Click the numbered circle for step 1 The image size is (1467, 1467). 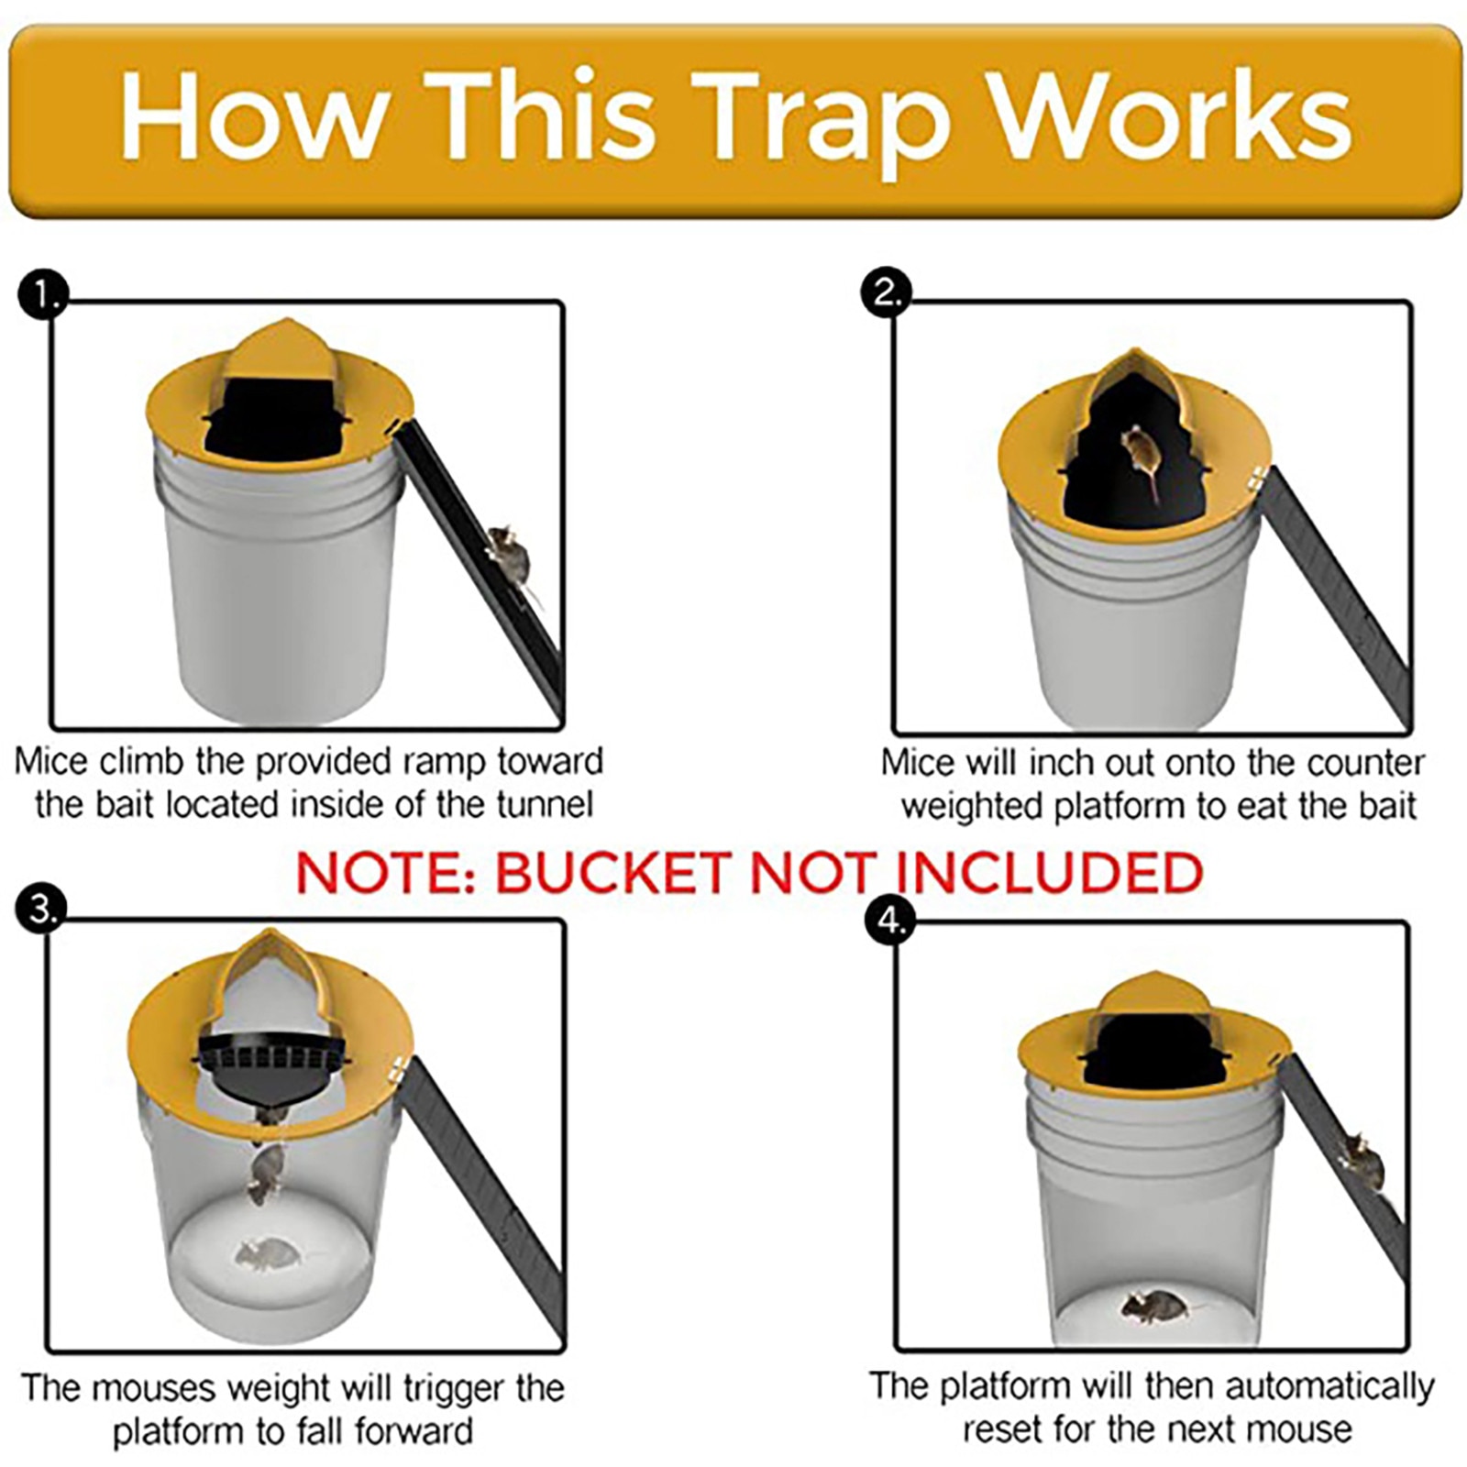[x=42, y=294]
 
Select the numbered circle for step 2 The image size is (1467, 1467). [x=886, y=294]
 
